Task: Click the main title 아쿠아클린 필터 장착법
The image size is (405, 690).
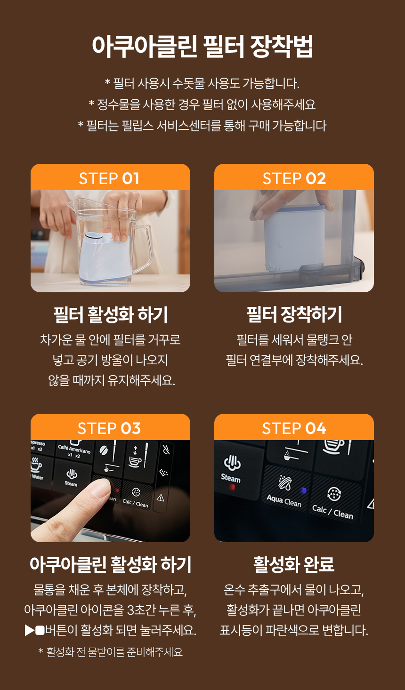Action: [x=202, y=46]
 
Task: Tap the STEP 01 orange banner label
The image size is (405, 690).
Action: [x=109, y=178]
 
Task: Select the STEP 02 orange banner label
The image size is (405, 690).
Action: [x=294, y=178]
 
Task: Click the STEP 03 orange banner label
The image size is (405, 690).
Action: [x=109, y=428]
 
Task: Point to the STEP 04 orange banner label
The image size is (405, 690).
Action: [x=294, y=428]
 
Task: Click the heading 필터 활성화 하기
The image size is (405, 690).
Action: [x=110, y=315]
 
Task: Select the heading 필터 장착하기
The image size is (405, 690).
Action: [x=294, y=314]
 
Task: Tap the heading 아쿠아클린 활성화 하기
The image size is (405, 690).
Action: [x=110, y=564]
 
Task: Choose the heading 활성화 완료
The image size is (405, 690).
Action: [x=294, y=564]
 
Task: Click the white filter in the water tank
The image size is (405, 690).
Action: [x=294, y=237]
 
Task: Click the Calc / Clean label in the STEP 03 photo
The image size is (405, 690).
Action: [x=135, y=502]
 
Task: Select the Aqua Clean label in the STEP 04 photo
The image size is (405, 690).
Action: [x=284, y=501]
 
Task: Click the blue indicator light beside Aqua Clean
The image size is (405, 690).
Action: [x=304, y=490]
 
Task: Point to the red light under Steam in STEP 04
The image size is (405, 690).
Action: [x=232, y=487]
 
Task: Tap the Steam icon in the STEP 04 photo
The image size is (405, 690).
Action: [x=232, y=463]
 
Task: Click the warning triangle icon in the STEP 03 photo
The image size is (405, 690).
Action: [x=161, y=497]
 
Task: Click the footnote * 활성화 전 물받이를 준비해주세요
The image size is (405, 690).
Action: [x=110, y=652]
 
